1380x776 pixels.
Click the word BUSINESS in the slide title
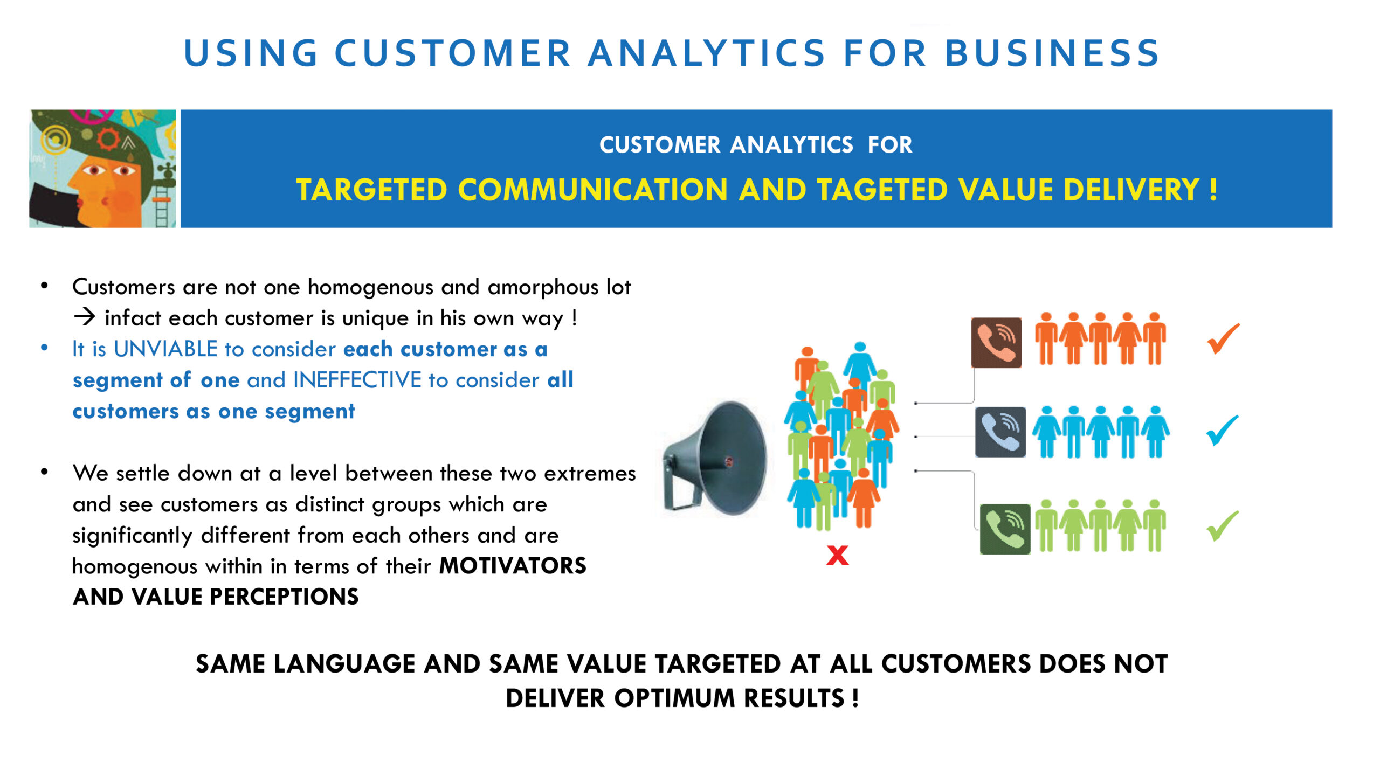(x=1052, y=53)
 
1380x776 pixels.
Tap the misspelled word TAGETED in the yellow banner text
(x=882, y=190)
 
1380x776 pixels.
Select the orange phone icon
(x=996, y=343)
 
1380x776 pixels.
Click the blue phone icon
(x=1000, y=432)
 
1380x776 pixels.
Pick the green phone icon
(x=1005, y=529)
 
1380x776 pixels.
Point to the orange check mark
(x=1223, y=339)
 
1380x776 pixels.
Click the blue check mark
(x=1222, y=431)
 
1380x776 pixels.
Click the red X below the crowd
(x=837, y=555)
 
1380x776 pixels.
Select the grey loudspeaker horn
(x=714, y=458)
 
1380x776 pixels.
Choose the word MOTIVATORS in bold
(x=513, y=566)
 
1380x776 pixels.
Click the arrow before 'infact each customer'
(x=85, y=317)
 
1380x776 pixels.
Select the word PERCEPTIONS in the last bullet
(x=284, y=597)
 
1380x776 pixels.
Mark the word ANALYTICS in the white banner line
(x=791, y=145)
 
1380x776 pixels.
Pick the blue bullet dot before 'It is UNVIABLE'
(x=44, y=348)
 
